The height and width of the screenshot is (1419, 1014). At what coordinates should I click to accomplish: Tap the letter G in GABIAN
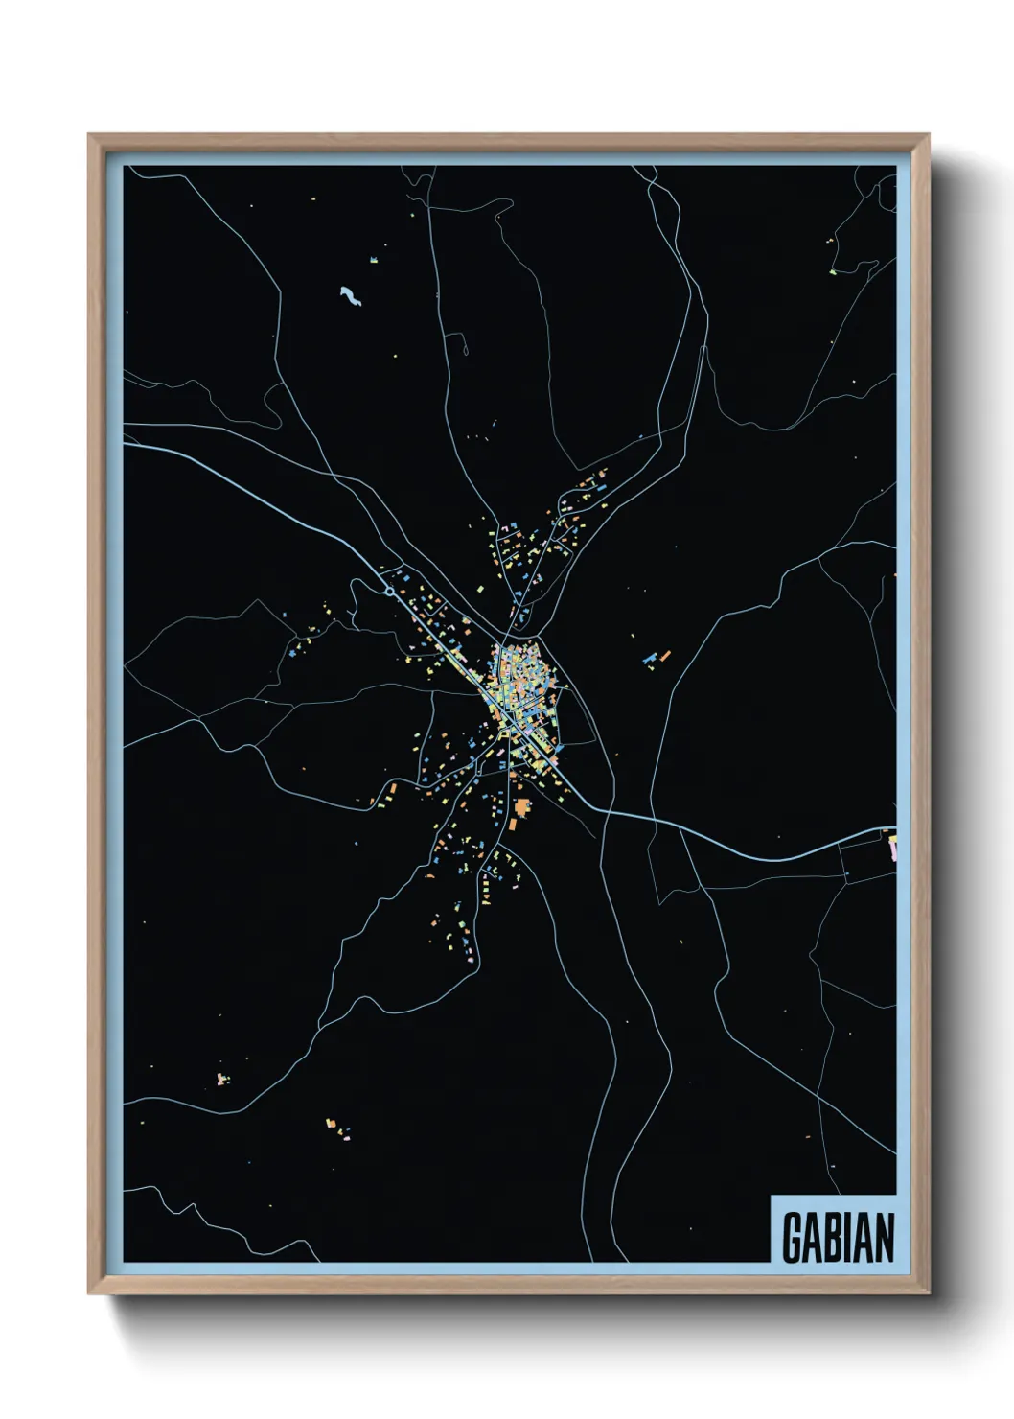click(793, 1237)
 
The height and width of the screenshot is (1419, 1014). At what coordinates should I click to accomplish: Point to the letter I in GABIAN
click(852, 1237)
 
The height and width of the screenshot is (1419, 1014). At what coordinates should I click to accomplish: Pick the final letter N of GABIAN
click(886, 1237)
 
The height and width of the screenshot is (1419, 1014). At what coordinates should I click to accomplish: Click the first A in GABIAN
click(814, 1237)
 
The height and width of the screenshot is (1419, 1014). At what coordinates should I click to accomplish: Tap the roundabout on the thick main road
click(388, 592)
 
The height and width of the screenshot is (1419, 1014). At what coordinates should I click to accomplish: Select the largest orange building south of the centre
click(522, 808)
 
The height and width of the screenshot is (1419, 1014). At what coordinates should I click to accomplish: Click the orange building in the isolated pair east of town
click(664, 656)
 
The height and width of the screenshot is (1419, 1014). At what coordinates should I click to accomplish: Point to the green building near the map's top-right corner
click(833, 271)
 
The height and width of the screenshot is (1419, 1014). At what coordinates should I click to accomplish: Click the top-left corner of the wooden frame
click(89, 135)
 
